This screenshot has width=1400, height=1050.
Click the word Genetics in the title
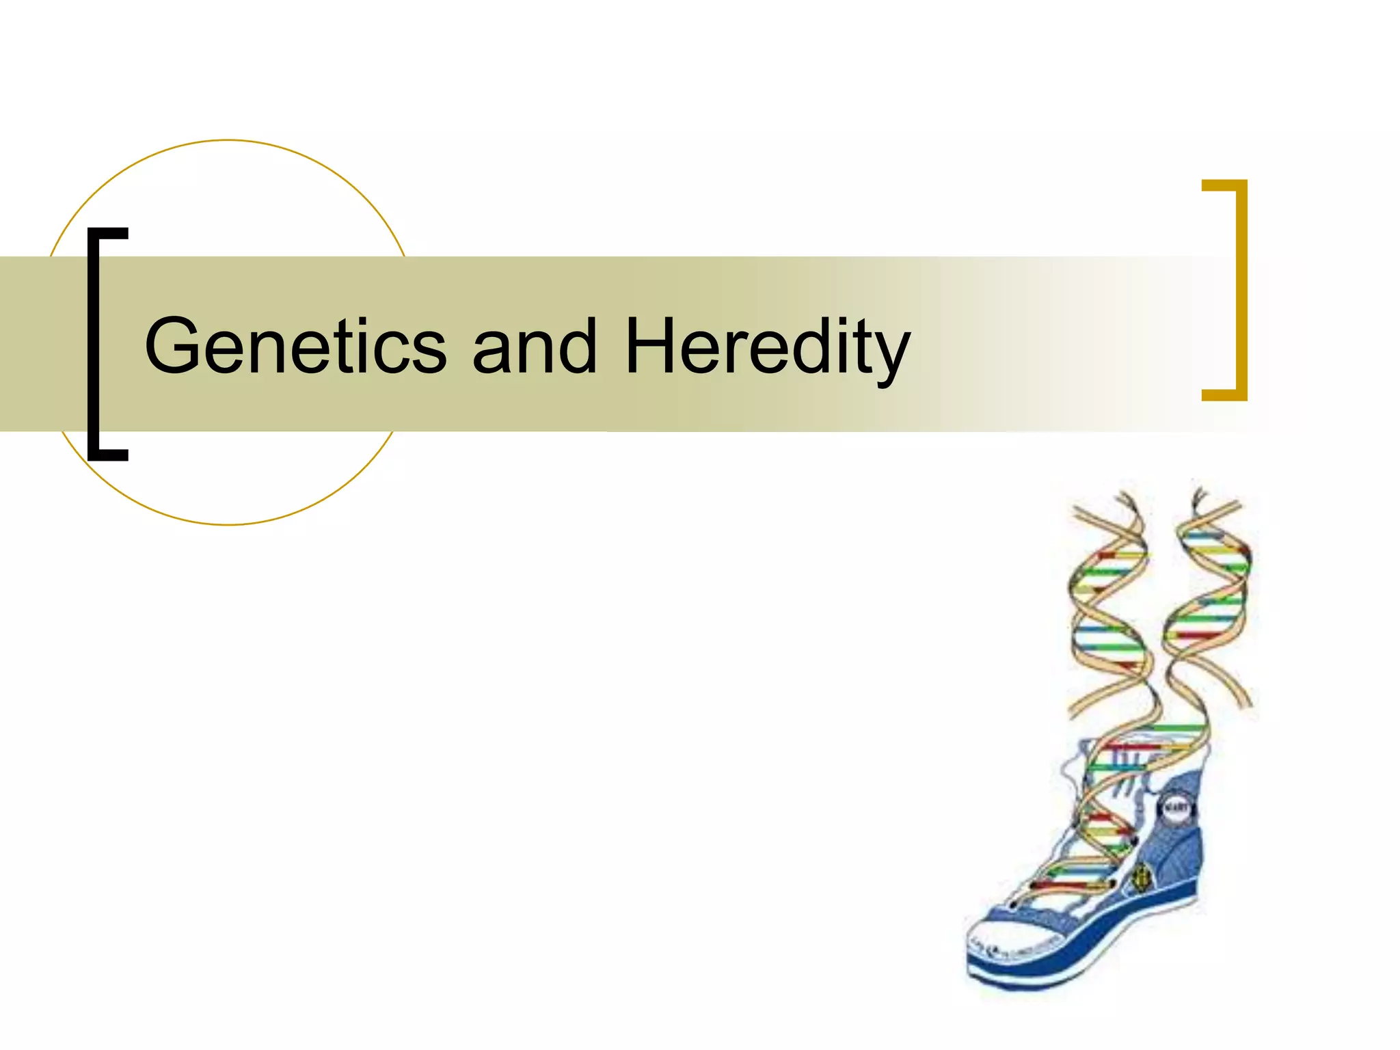point(295,347)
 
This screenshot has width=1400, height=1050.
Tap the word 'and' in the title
point(535,347)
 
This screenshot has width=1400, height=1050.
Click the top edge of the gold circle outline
point(228,141)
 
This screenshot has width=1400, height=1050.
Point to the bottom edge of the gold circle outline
point(228,524)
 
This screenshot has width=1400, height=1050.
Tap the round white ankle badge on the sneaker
point(1177,809)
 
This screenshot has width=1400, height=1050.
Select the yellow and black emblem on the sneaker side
point(1140,876)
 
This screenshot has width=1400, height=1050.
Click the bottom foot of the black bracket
point(109,454)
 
